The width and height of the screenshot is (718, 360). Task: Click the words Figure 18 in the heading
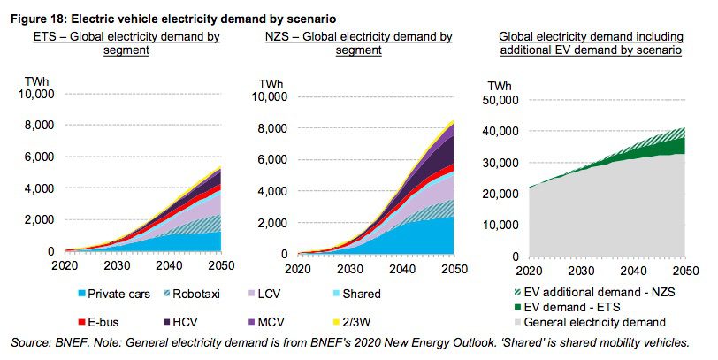point(34,18)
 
